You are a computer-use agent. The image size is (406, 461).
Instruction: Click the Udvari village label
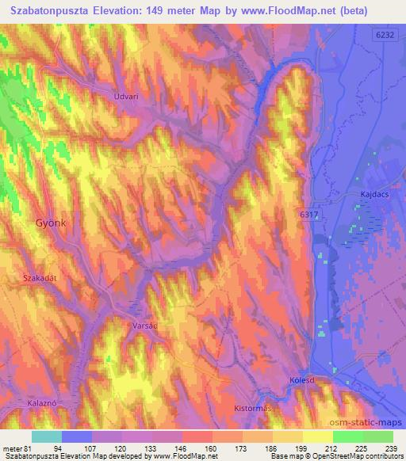(x=128, y=95)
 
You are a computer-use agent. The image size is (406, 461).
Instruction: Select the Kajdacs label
(x=367, y=192)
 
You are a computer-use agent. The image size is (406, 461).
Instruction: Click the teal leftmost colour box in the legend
(x=46, y=436)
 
